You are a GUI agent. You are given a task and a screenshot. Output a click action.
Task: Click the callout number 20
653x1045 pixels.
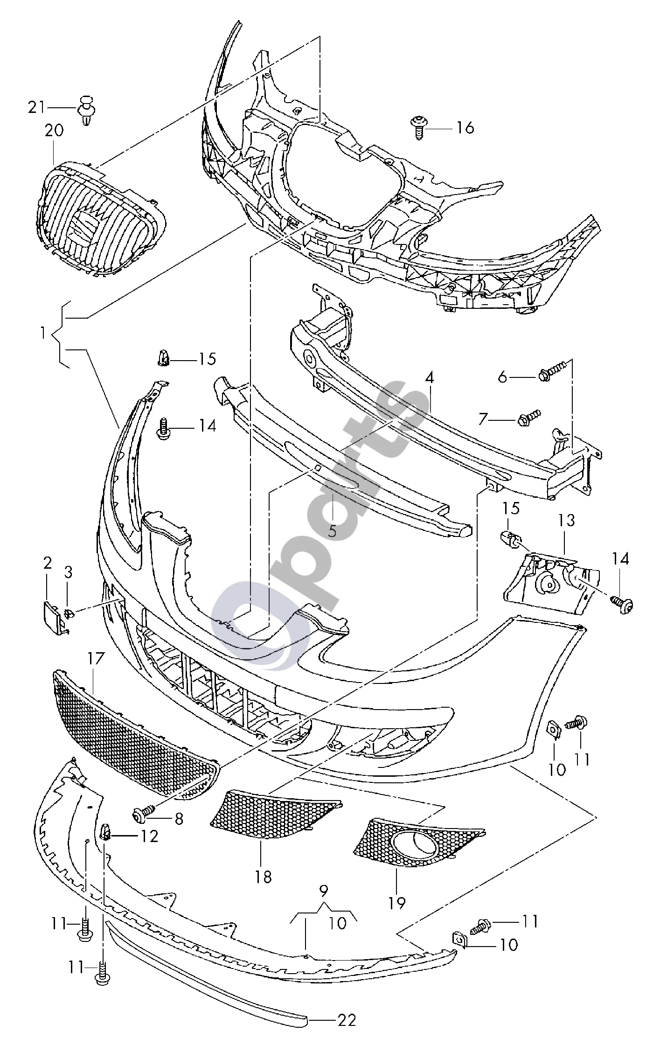[54, 131]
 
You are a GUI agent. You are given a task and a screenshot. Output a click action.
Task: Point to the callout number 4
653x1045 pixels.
[429, 378]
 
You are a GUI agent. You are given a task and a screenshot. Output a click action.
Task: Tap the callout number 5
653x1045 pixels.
[332, 531]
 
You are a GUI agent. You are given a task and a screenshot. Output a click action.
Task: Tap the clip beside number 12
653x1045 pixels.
[106, 832]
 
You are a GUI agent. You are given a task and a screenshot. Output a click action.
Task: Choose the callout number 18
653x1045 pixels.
[263, 877]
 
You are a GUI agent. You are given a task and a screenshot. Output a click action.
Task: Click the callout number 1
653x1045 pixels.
[43, 333]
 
